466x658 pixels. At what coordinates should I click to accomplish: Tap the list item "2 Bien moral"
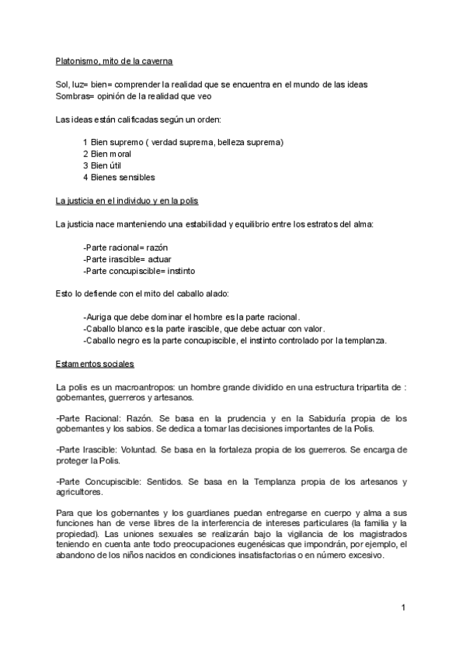[x=106, y=154]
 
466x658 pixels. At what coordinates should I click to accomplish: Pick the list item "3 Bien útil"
[x=102, y=165]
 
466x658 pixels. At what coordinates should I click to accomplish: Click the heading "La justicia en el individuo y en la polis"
[x=127, y=201]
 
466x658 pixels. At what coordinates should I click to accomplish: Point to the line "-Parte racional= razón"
[x=125, y=248]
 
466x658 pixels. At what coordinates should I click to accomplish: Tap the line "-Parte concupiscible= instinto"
[x=139, y=271]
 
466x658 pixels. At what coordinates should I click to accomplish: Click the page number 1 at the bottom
[x=404, y=606]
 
